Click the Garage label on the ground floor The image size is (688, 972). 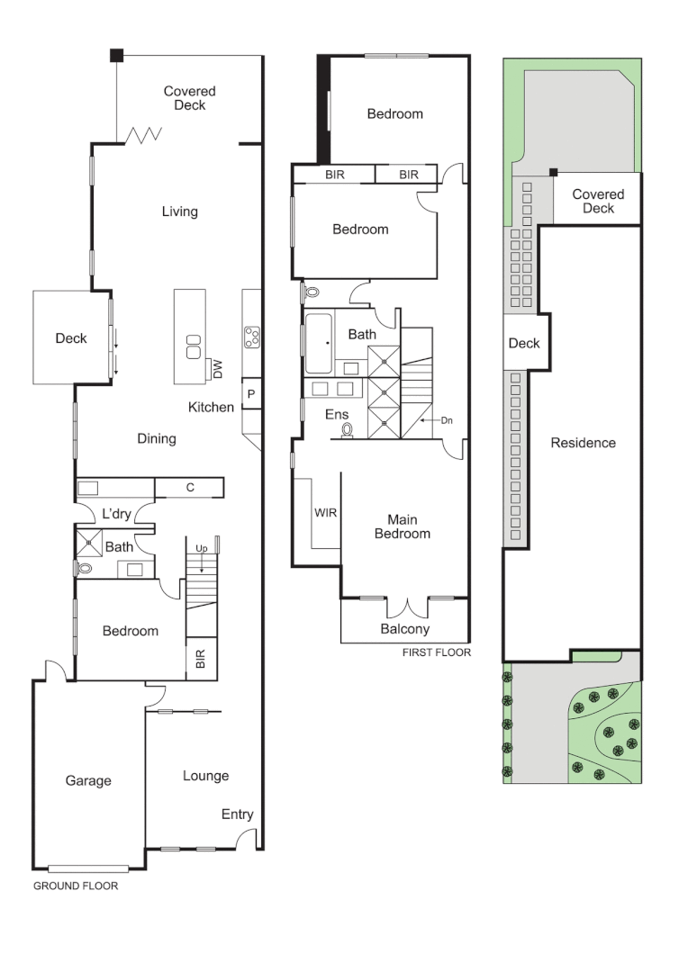point(88,780)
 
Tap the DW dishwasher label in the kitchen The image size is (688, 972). point(217,367)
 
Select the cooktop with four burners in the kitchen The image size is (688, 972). point(252,337)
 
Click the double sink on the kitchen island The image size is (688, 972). point(194,346)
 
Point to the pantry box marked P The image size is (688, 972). point(250,394)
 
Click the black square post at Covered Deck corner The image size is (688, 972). point(116,55)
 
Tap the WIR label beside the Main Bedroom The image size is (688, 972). point(325,512)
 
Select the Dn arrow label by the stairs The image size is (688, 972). point(448,420)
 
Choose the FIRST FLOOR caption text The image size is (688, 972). point(436,652)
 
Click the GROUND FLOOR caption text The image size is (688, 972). point(76,886)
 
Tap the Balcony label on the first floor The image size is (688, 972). point(404,629)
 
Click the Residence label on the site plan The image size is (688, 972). point(583,443)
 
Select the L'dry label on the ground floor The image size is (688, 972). point(117,514)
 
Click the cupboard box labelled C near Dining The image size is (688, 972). point(190,488)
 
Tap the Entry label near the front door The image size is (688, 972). point(238,814)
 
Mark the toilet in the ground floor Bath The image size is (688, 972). point(86,568)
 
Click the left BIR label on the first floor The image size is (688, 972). point(335,175)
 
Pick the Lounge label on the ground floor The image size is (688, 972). point(205,776)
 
